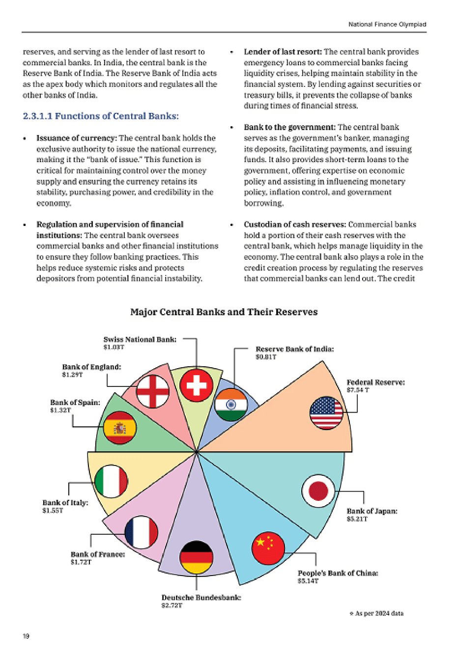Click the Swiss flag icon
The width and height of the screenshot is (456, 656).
point(197,385)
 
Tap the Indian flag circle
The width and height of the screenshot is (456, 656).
point(231,405)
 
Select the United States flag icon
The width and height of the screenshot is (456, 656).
point(326,412)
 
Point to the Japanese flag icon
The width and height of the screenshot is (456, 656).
point(318,491)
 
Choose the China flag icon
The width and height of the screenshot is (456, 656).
point(268,548)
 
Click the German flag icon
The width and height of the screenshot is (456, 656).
point(197,557)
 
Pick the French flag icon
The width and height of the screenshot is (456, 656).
point(142,532)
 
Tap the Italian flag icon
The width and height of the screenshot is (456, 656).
point(112,481)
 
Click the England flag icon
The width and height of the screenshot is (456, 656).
point(153,391)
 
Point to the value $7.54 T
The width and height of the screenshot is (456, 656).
point(358,390)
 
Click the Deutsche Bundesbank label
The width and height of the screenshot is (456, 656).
point(201,598)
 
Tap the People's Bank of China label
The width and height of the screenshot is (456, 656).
point(338,573)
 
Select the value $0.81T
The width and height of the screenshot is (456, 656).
point(266,357)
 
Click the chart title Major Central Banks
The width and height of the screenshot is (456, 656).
point(224,312)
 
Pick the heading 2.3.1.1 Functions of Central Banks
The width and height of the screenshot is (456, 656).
point(101,116)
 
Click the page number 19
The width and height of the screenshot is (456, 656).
point(26,636)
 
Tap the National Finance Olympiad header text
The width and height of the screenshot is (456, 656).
point(387,24)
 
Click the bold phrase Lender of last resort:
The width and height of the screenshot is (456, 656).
point(283,52)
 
